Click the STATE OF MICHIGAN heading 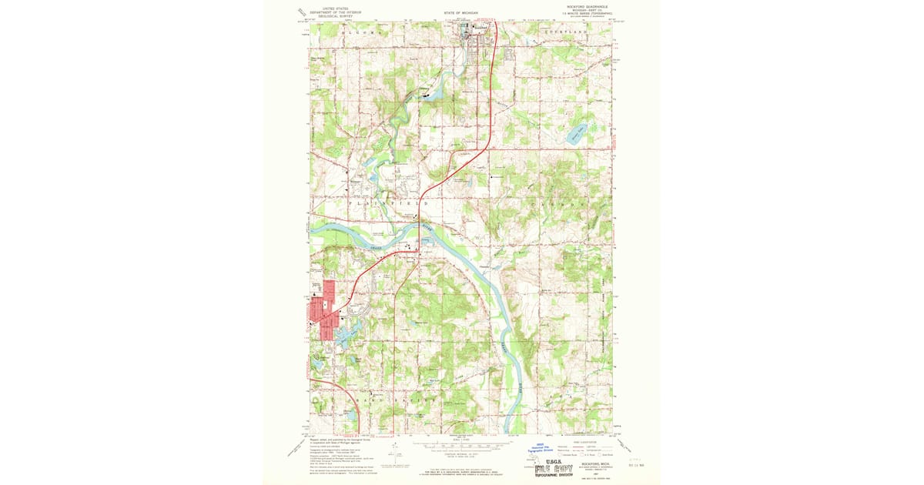pos(461,13)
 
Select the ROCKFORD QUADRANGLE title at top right pos(587,5)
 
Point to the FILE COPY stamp pos(557,467)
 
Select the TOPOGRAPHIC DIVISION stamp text pos(557,476)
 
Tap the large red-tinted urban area pos(323,312)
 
